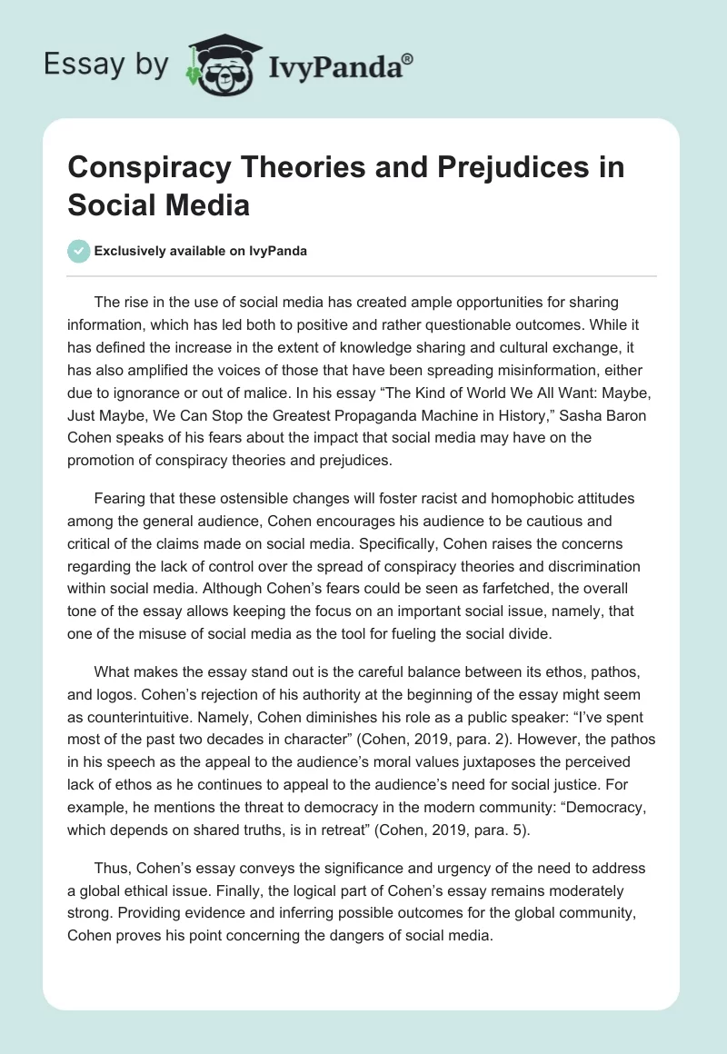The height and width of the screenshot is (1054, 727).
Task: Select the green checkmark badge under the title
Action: point(79,251)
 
